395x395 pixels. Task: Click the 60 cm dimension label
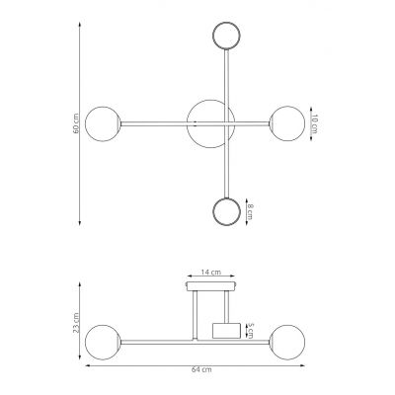point(76,123)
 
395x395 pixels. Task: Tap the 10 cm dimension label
point(314,124)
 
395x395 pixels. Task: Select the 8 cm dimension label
point(250,211)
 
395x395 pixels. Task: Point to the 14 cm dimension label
point(211,273)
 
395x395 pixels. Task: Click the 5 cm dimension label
point(250,331)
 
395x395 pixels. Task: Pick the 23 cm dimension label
point(76,322)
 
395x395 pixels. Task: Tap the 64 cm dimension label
point(201,369)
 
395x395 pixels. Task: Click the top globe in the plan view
point(226,36)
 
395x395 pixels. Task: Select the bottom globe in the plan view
point(226,211)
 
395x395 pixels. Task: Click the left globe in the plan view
point(103,123)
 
